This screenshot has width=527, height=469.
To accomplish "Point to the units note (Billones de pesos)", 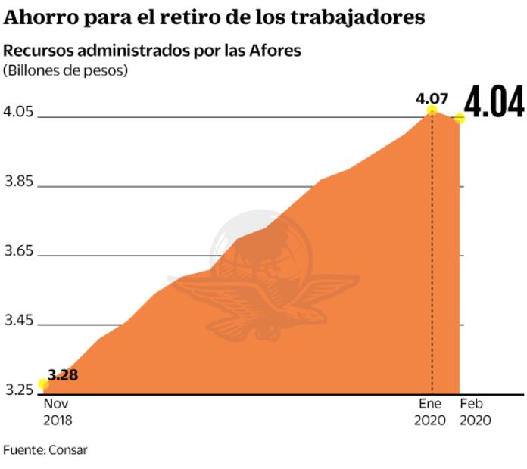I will [65, 70].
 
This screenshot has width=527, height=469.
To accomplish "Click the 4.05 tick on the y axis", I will [19, 113].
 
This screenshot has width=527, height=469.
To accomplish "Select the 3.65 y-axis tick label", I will [19, 252].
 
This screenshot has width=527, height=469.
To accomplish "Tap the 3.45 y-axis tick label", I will [19, 321].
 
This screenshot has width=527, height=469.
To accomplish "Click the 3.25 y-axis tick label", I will [19, 390].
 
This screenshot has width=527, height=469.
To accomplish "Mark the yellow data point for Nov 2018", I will [43, 384].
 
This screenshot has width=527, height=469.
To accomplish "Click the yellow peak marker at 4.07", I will [432, 110].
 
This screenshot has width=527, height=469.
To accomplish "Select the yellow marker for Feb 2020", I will [459, 118].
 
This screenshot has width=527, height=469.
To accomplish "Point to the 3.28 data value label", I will [63, 374].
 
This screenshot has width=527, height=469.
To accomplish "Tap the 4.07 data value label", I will [432, 98].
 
